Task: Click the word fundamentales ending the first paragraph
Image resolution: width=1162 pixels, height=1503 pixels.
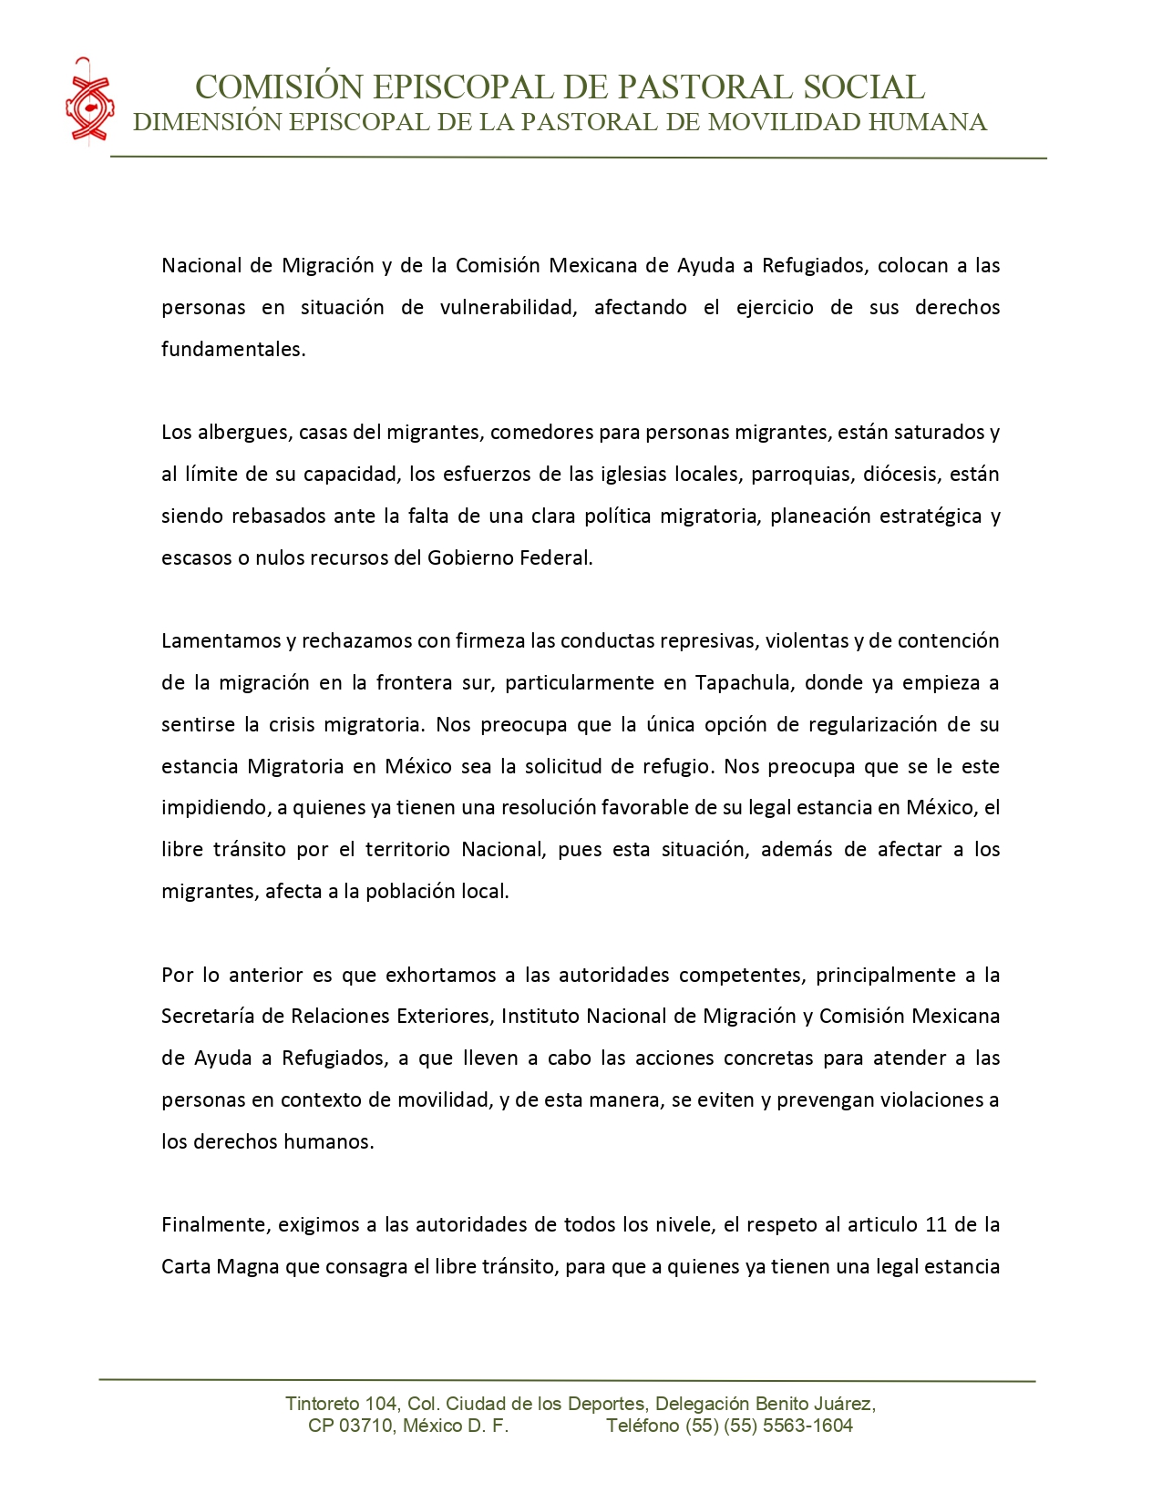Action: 232,350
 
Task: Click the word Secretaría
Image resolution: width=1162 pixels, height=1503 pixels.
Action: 209,1017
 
